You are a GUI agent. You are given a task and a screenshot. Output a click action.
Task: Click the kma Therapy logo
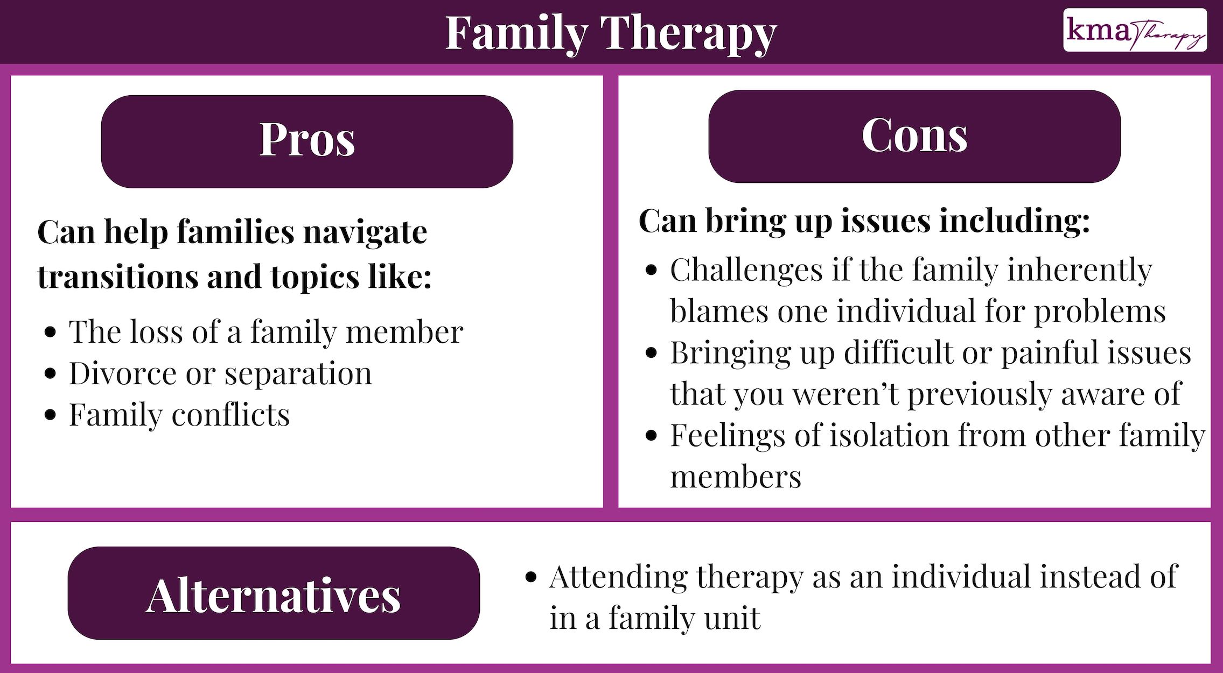pos(1135,30)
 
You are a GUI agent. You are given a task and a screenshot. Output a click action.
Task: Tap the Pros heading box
pos(307,141)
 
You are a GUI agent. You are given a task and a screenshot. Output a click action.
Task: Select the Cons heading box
pos(914,136)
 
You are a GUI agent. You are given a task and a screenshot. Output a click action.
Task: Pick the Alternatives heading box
pos(274,593)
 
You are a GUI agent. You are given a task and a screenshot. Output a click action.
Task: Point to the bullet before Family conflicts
pos(51,415)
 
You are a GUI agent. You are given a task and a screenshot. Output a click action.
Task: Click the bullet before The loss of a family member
pos(51,332)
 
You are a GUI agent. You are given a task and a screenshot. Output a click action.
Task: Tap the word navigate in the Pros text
pos(366,233)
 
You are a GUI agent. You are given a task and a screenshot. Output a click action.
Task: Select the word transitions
pos(118,277)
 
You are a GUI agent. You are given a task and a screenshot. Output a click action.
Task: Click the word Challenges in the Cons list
pos(746,270)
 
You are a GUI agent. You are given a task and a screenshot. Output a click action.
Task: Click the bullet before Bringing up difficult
pos(652,353)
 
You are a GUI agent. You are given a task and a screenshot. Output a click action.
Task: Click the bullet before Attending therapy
pos(531,577)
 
